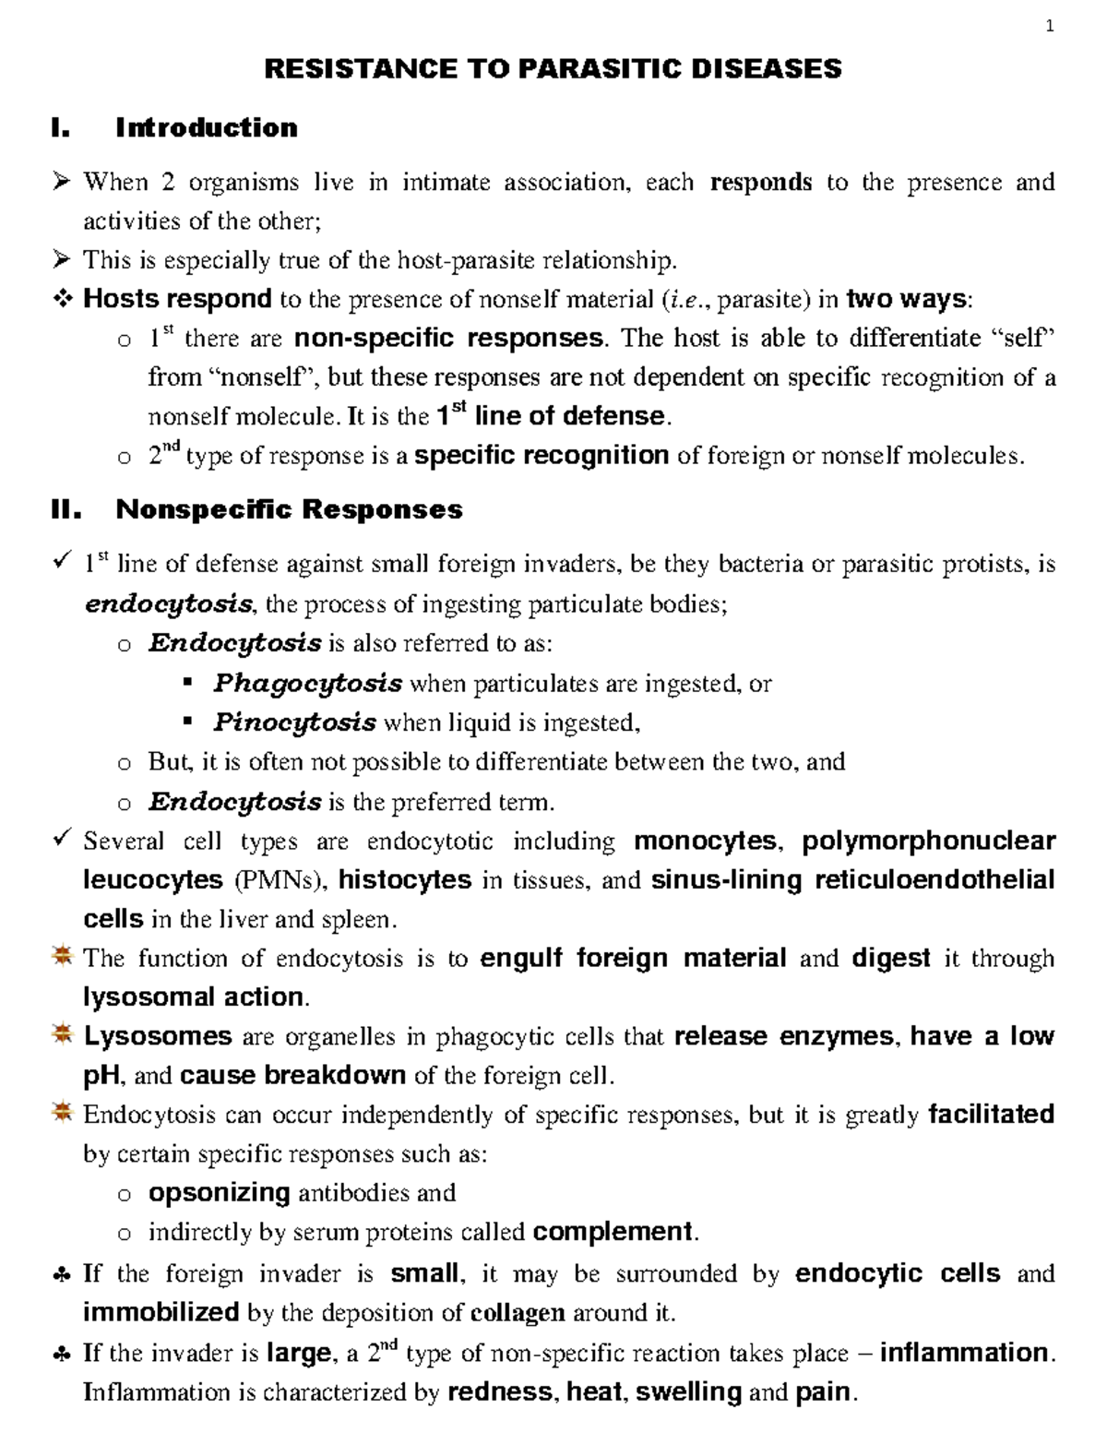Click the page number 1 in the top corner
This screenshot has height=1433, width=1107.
click(x=1049, y=27)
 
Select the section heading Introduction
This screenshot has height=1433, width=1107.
click(x=206, y=127)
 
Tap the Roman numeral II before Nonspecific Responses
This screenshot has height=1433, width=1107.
click(x=67, y=509)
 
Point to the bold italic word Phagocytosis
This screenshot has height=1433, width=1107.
click(x=307, y=684)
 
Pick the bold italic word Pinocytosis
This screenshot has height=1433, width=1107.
click(x=294, y=722)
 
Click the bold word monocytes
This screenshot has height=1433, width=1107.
click(x=706, y=842)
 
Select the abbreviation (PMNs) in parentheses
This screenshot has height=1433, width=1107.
click(x=280, y=880)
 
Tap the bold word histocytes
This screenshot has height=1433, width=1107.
click(x=405, y=880)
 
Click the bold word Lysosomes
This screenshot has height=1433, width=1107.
click(x=158, y=1036)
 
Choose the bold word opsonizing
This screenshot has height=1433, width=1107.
click(x=220, y=1192)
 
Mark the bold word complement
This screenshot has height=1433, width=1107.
click(x=613, y=1232)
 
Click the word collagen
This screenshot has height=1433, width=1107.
click(x=518, y=1312)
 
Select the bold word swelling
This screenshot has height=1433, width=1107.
click(x=688, y=1391)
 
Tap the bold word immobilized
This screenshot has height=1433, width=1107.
click(x=161, y=1312)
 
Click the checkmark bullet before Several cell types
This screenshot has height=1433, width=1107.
click(x=63, y=840)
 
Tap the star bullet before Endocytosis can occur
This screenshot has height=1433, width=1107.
click(x=62, y=1114)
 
